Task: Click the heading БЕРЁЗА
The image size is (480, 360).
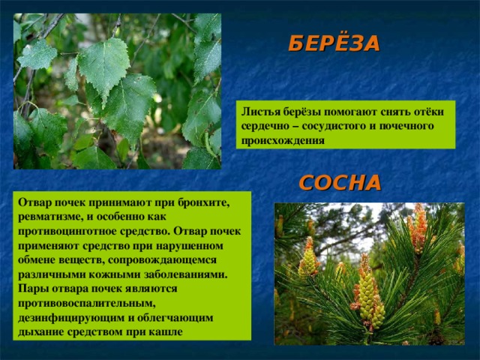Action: click(334, 43)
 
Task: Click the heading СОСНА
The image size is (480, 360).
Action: click(340, 183)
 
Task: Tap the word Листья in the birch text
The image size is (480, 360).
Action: click(260, 112)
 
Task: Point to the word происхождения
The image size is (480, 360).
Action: click(283, 140)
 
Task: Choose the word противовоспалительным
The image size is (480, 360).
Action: click(87, 304)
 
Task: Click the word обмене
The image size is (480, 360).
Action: click(37, 260)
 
